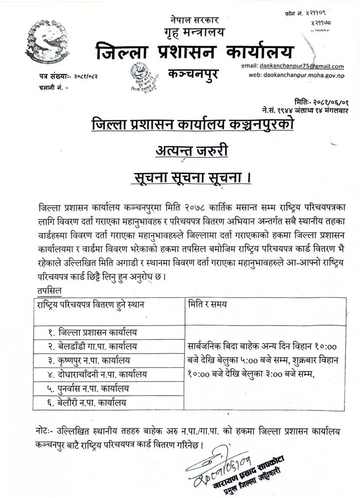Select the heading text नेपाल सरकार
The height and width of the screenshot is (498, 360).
point(195,21)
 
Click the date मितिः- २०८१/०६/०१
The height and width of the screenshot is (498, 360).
point(321,102)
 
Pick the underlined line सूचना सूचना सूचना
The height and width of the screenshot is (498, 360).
point(192,178)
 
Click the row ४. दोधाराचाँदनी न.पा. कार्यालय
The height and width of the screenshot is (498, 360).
point(97,374)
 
